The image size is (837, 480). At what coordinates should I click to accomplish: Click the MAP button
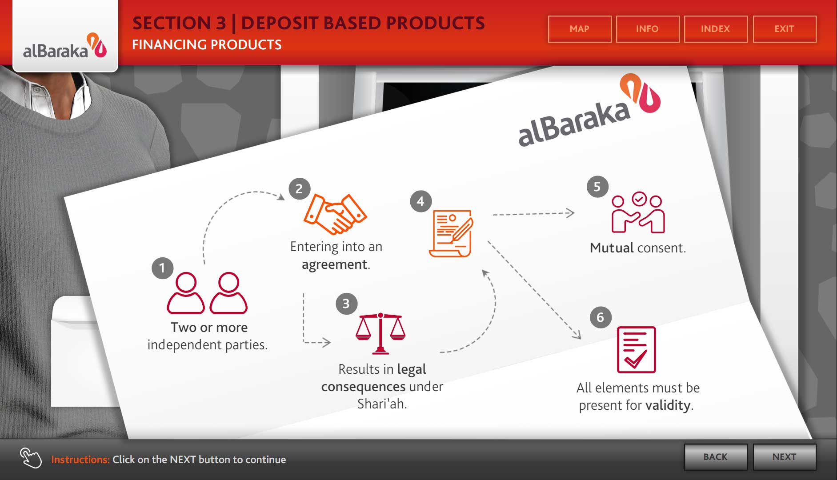(580, 29)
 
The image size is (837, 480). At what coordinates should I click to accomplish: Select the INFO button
(648, 29)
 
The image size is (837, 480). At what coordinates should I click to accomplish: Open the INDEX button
(716, 29)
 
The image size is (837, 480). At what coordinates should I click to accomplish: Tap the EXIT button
(785, 29)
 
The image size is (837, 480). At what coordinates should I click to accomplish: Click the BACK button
(716, 457)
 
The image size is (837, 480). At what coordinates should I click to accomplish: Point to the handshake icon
(335, 214)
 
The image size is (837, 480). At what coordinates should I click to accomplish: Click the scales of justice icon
(380, 333)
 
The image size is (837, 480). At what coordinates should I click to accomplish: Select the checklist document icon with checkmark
(636, 350)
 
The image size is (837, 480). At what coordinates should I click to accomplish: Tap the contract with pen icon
(451, 233)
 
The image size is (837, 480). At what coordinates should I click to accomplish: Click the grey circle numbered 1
(162, 268)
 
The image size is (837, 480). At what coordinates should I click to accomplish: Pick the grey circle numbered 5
(597, 187)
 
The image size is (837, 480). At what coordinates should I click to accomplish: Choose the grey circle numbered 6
(601, 317)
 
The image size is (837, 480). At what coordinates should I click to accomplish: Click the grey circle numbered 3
(346, 304)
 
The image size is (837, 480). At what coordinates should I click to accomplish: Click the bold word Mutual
(612, 248)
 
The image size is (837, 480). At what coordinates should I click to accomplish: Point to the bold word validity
(668, 405)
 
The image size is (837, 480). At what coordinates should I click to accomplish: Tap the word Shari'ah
(382, 404)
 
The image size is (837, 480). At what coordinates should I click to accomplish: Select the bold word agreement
(335, 265)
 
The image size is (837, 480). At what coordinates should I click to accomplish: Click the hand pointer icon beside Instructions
(31, 458)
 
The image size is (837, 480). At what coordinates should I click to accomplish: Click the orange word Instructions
(80, 460)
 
